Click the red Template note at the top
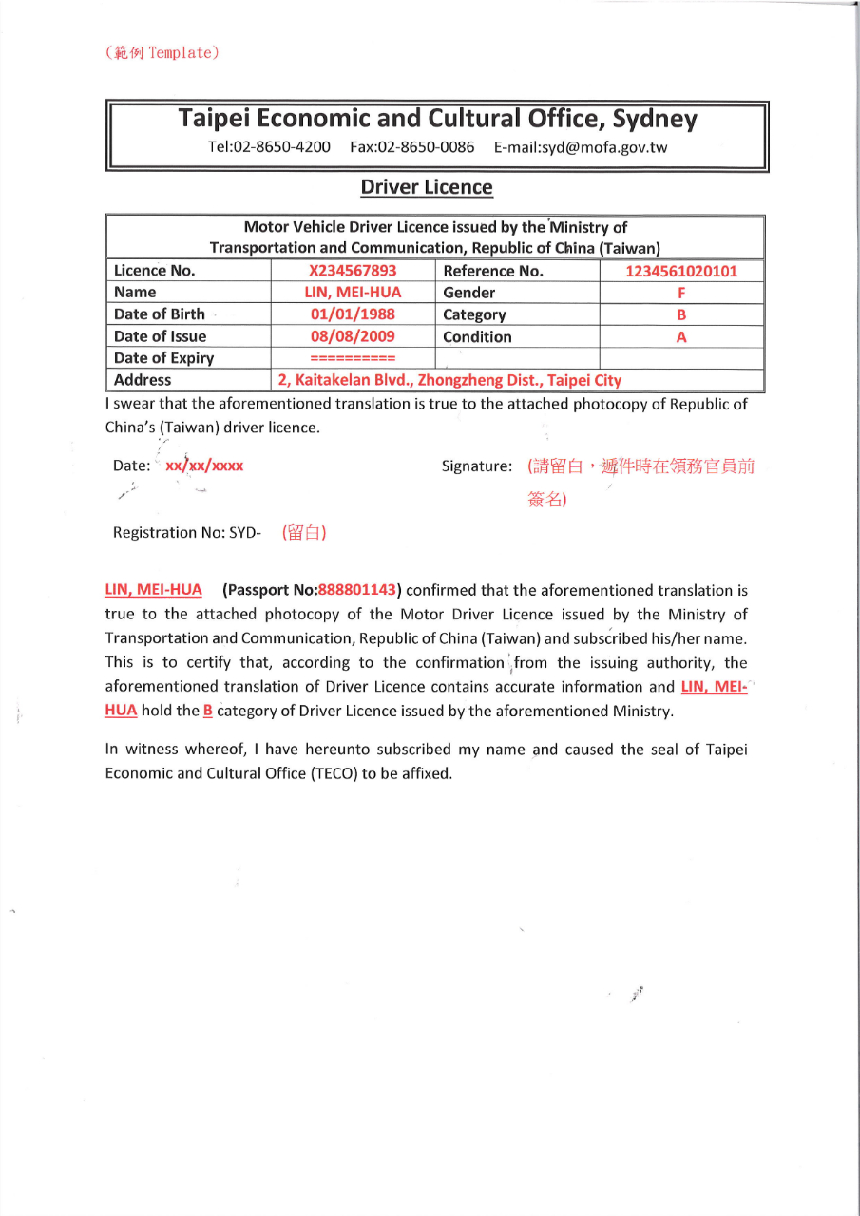coord(162,52)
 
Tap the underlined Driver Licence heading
coord(427,187)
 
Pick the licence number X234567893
coord(353,271)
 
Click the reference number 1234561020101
coord(681,271)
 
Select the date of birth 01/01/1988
coord(353,314)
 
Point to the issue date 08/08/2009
coord(353,336)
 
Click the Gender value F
coord(681,293)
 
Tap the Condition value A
coord(681,336)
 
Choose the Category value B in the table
coord(681,314)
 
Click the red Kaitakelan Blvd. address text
coord(449,380)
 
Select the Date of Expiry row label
coord(163,358)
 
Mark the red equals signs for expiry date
coord(353,359)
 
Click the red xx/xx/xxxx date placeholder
coord(204,466)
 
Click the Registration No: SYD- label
coord(186,532)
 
